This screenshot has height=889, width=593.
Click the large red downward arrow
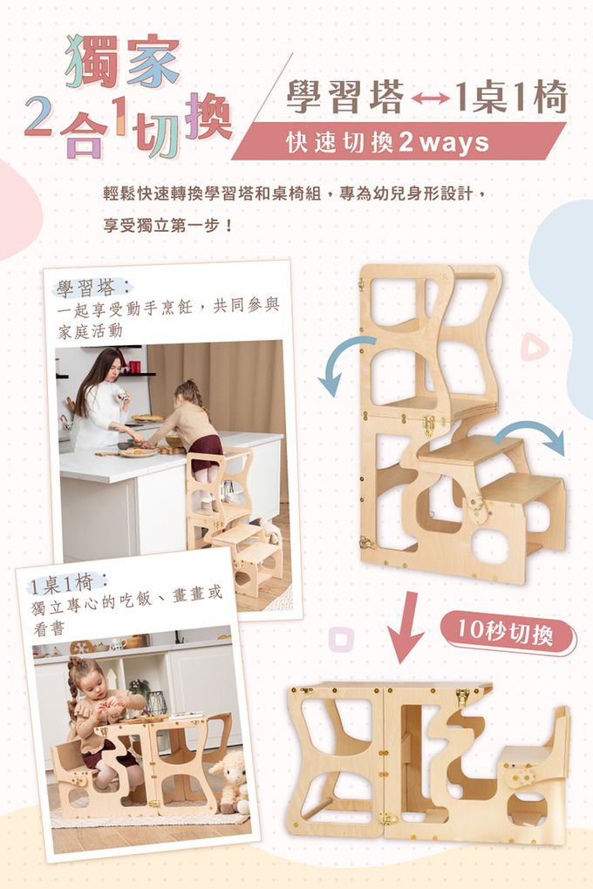[407, 627]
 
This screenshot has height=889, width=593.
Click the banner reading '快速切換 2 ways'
[399, 142]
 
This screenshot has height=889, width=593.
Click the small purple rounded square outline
[341, 640]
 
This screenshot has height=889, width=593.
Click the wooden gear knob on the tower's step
[475, 506]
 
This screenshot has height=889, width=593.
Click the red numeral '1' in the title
[119, 115]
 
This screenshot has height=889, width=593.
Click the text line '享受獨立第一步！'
[168, 226]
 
